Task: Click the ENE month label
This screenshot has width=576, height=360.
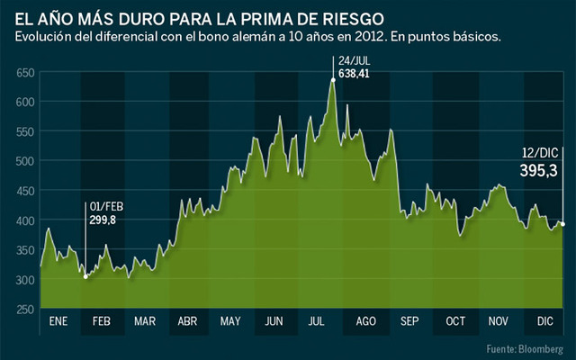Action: [x=58, y=322]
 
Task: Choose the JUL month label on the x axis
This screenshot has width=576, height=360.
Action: [x=317, y=322]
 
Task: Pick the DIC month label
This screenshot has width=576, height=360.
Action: [x=544, y=322]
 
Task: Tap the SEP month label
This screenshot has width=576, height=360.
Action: [x=409, y=322]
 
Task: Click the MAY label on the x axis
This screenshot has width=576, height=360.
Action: [x=229, y=322]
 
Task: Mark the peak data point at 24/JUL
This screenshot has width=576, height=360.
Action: [x=333, y=80]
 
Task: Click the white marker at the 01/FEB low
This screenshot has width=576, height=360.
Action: [x=85, y=276]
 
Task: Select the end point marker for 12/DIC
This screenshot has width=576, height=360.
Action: [x=562, y=224]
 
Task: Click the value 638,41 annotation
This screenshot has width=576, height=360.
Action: [x=354, y=74]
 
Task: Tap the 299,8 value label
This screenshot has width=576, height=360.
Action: [x=102, y=219]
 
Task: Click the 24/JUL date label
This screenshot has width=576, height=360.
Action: [x=352, y=60]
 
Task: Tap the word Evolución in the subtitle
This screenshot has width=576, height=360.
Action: [x=41, y=36]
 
